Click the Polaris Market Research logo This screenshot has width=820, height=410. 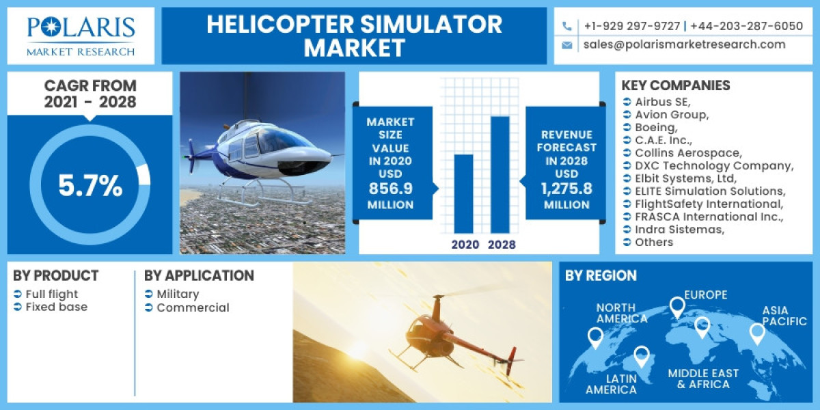coord(81,36)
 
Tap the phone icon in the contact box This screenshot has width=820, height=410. coord(567,26)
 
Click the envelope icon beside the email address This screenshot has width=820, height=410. coord(567,45)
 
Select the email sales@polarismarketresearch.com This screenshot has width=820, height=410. coord(684,44)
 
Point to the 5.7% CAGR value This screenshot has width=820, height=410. coord(90,186)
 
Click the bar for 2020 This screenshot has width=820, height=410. coord(464,194)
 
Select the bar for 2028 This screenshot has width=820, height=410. coord(500,175)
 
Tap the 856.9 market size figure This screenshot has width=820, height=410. coord(390,189)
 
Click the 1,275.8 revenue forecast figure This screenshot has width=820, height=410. coord(566,189)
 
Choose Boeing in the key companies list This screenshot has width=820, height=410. coord(656,127)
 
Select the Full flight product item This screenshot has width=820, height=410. coord(52,294)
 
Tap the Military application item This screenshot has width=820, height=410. coord(178,294)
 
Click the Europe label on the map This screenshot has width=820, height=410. coord(706,295)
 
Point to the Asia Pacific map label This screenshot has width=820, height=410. coord(784,316)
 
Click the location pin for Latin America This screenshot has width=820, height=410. coord(641,356)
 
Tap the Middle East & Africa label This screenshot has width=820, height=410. coord(703,379)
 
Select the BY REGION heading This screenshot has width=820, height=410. coord(601,275)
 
